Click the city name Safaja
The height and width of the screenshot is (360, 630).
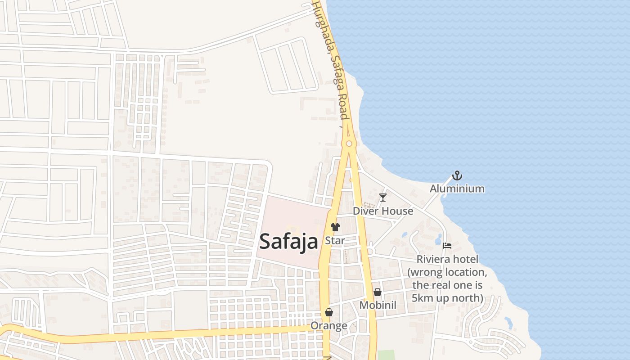click(x=288, y=241)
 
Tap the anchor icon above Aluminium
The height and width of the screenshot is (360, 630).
click(x=457, y=175)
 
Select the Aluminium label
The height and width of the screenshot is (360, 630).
click(x=457, y=189)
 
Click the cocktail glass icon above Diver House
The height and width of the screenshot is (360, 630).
click(x=382, y=197)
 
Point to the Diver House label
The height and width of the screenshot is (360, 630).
click(x=382, y=211)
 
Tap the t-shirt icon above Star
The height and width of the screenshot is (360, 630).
click(x=335, y=227)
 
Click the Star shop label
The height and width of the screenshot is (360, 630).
click(x=335, y=241)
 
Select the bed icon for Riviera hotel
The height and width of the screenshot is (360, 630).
click(x=447, y=246)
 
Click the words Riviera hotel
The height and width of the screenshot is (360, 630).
click(x=447, y=259)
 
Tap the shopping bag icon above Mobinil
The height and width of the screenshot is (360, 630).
click(x=378, y=292)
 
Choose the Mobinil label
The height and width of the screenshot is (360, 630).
click(x=378, y=306)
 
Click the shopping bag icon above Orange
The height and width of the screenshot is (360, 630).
click(x=329, y=312)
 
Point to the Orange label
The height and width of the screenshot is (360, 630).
click(x=329, y=326)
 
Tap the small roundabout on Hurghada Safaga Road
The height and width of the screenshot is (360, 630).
click(x=349, y=144)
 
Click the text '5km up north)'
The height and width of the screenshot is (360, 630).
click(x=447, y=298)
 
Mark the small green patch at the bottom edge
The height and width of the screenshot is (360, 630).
click(x=385, y=355)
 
